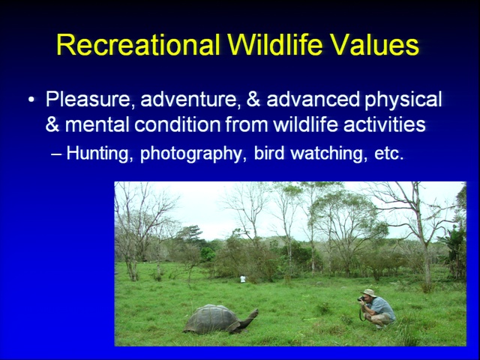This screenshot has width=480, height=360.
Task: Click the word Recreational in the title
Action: (138, 45)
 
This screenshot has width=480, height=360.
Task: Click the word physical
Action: (403, 100)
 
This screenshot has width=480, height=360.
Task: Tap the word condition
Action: (178, 124)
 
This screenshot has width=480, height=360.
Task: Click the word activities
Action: (385, 124)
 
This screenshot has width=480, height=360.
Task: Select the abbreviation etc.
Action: (388, 154)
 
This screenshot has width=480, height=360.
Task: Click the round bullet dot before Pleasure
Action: (31, 100)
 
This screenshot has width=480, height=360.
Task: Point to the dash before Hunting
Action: (56, 154)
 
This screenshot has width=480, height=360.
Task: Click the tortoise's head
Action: (253, 313)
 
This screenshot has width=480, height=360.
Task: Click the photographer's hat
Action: (369, 293)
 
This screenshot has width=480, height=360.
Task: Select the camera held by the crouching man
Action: (361, 298)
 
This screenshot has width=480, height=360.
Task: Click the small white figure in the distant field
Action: (243, 279)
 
